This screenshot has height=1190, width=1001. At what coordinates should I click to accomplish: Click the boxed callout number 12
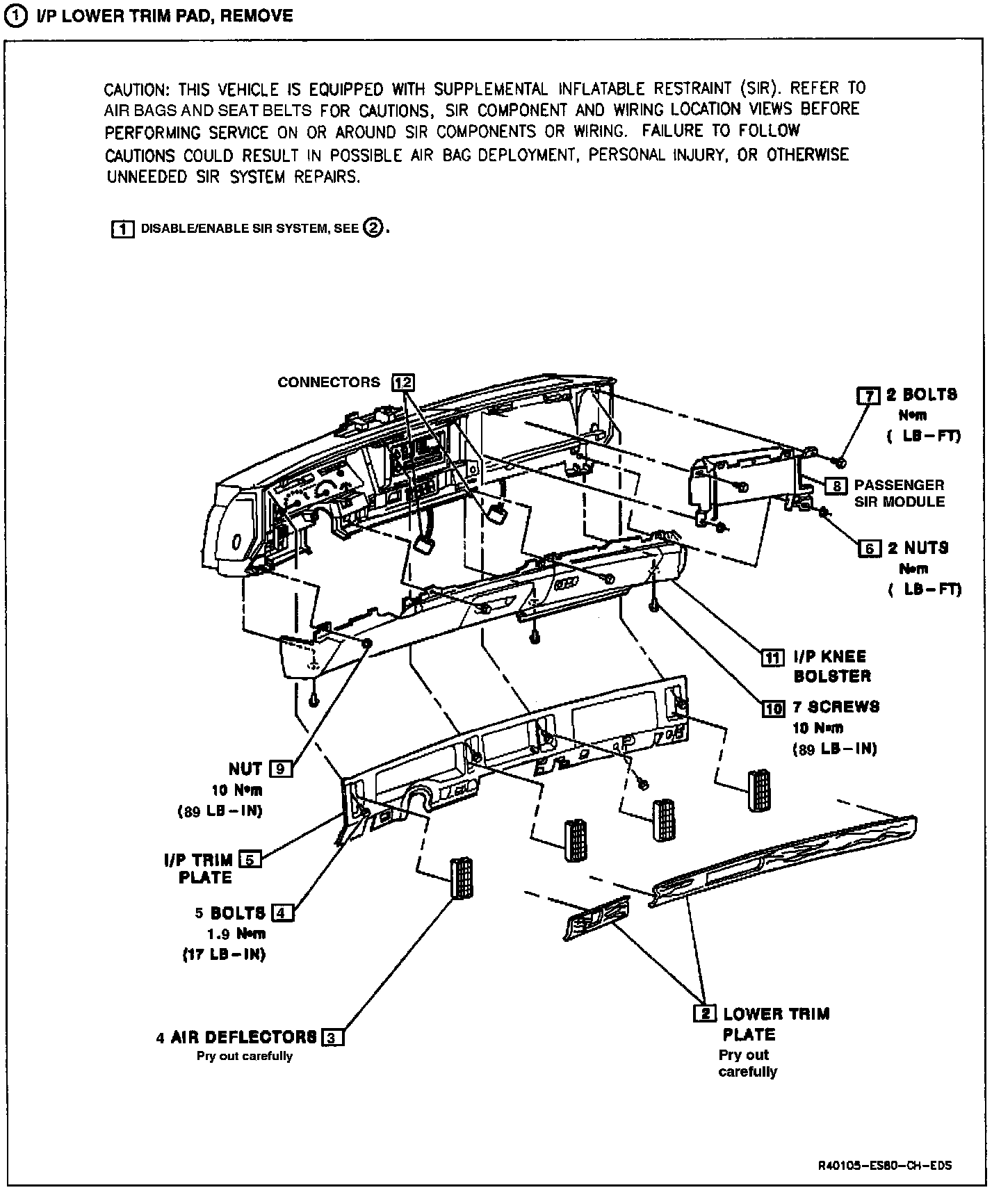(403, 382)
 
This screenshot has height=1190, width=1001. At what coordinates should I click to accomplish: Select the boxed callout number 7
(868, 396)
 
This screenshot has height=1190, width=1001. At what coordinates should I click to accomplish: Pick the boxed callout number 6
(870, 548)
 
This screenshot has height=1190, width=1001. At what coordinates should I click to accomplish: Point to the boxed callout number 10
(773, 708)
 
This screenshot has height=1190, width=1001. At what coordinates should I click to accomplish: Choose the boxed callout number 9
(280, 769)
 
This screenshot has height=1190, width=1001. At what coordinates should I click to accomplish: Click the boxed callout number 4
(283, 913)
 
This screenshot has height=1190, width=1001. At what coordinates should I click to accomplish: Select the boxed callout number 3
(333, 1038)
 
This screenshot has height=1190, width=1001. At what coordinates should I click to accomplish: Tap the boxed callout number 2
(705, 1013)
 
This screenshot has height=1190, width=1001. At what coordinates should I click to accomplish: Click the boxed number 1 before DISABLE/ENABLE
(123, 229)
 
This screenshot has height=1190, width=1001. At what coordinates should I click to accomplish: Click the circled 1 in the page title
(15, 16)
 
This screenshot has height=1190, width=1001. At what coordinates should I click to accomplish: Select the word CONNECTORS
(329, 382)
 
